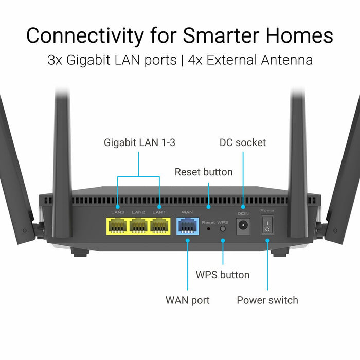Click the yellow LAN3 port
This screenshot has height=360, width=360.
click(x=117, y=226)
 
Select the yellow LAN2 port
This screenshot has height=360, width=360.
click(x=138, y=226)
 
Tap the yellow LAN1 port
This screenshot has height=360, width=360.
click(x=159, y=226)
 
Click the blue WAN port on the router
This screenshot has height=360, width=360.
click(x=187, y=226)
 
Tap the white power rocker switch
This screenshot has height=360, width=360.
click(x=267, y=225)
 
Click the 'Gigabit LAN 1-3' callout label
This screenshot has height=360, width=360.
click(x=139, y=142)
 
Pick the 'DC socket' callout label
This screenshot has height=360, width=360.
click(x=243, y=142)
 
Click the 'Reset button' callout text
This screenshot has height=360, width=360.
click(x=204, y=172)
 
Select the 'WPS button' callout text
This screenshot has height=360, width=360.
click(x=223, y=275)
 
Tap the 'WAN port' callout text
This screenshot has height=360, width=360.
click(x=187, y=300)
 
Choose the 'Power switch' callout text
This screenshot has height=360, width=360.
click(x=267, y=300)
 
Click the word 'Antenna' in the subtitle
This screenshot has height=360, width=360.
click(x=285, y=60)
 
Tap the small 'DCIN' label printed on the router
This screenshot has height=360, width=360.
click(x=243, y=213)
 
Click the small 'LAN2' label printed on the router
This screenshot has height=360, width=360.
click(x=138, y=212)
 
